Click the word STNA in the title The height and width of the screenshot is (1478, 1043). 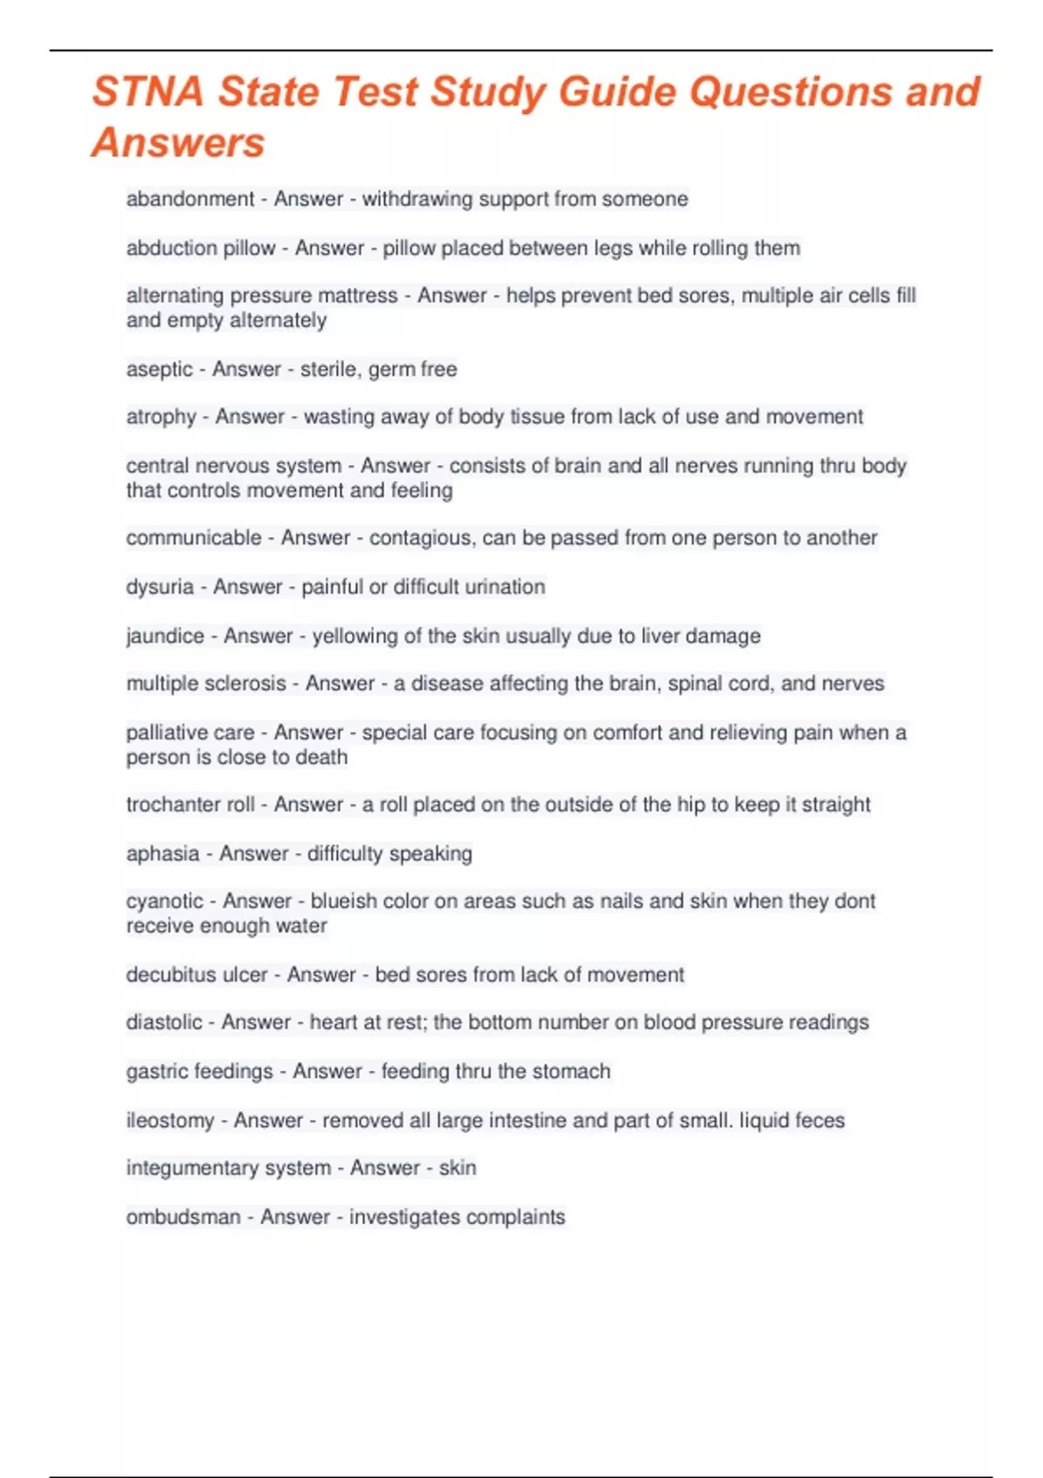tap(148, 92)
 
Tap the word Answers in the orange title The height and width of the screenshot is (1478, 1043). tap(178, 143)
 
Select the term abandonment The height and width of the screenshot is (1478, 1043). tap(190, 199)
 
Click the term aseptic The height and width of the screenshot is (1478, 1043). tap(159, 369)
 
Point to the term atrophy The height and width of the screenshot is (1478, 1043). tap(161, 417)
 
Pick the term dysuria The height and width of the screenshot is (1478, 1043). tap(160, 587)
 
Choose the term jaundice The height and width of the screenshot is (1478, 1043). tap(165, 636)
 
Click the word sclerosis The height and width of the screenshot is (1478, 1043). tap(245, 683)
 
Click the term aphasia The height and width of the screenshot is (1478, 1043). tap(163, 854)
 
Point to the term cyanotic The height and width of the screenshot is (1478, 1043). tap(164, 902)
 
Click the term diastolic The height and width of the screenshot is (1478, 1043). tap(163, 1022)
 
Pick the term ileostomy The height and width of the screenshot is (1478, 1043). tap(169, 1121)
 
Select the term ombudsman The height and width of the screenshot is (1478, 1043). tap(183, 1217)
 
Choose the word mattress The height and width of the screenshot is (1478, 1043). tap(356, 296)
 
